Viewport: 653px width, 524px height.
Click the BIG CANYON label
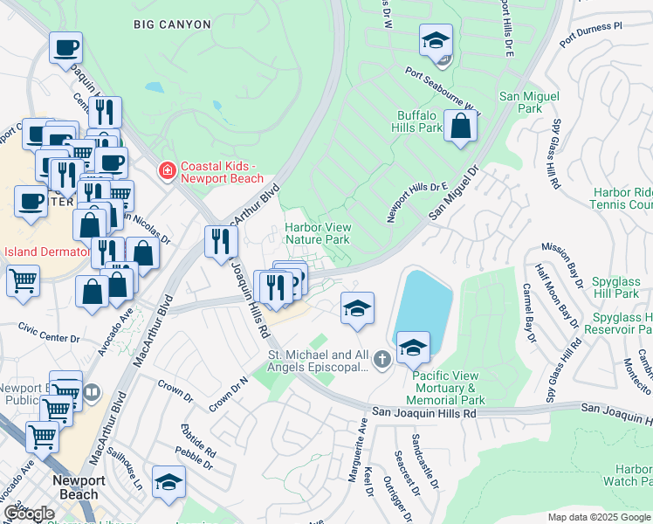(x=172, y=24)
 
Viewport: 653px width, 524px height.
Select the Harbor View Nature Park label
(x=318, y=233)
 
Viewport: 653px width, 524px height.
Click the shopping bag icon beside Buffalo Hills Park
(x=460, y=126)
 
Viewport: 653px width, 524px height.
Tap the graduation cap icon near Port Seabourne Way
(x=436, y=40)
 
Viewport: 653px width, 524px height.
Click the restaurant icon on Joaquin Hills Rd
(x=221, y=241)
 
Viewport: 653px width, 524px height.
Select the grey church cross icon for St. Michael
(x=381, y=359)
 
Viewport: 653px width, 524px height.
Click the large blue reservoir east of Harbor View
(x=425, y=306)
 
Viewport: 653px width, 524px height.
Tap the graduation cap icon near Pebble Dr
(x=168, y=481)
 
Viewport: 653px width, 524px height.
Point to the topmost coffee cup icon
(x=65, y=47)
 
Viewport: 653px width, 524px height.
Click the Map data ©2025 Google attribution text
(x=599, y=517)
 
